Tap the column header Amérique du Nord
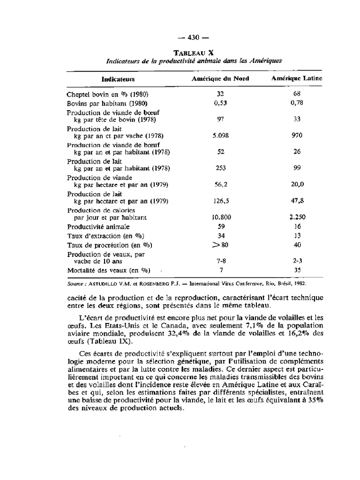[220, 79]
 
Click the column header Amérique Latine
[297, 79]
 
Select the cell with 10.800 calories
[221, 217]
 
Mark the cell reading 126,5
[221, 201]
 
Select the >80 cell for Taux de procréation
[221, 245]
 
